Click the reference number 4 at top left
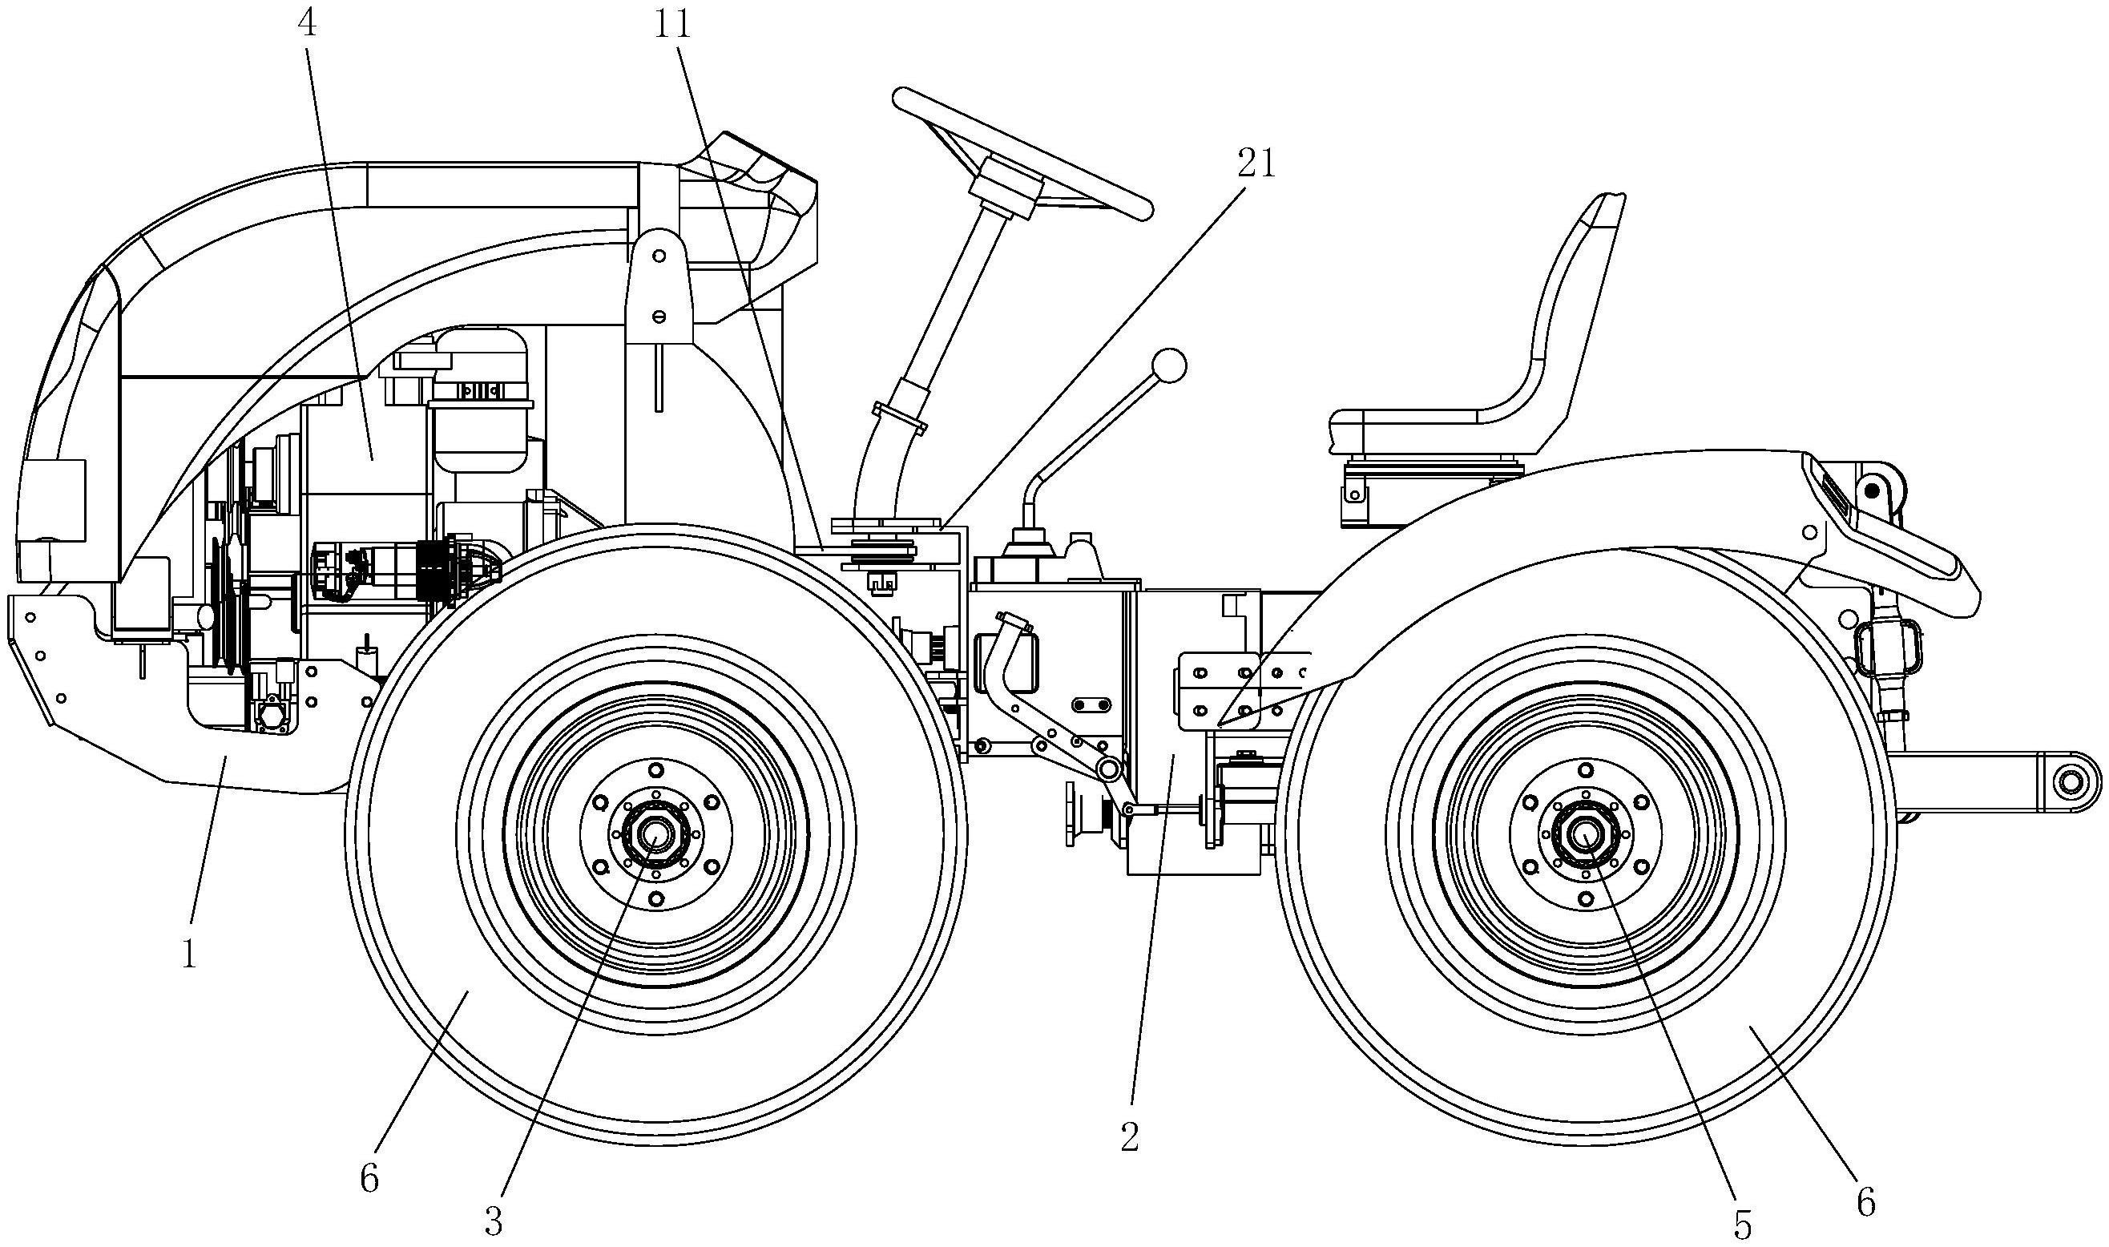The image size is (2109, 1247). click(x=308, y=23)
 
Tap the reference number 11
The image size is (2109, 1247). click(x=672, y=24)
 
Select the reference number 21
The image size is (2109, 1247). click(x=1256, y=163)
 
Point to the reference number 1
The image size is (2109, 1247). click(x=190, y=954)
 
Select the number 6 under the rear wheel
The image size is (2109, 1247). click(x=1865, y=1203)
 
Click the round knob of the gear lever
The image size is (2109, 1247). click(x=1170, y=365)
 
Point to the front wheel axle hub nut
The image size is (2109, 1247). click(x=652, y=834)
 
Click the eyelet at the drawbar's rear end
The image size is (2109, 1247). click(x=2081, y=782)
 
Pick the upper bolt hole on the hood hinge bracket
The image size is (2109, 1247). click(x=659, y=255)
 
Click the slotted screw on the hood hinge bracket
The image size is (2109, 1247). click(x=659, y=315)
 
